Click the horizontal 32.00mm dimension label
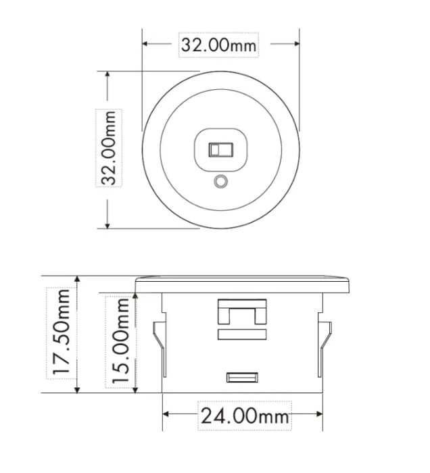218,45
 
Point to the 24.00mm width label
243,415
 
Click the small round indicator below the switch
220,182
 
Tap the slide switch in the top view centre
220,149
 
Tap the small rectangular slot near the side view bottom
241,377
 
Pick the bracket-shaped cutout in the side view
241,315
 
